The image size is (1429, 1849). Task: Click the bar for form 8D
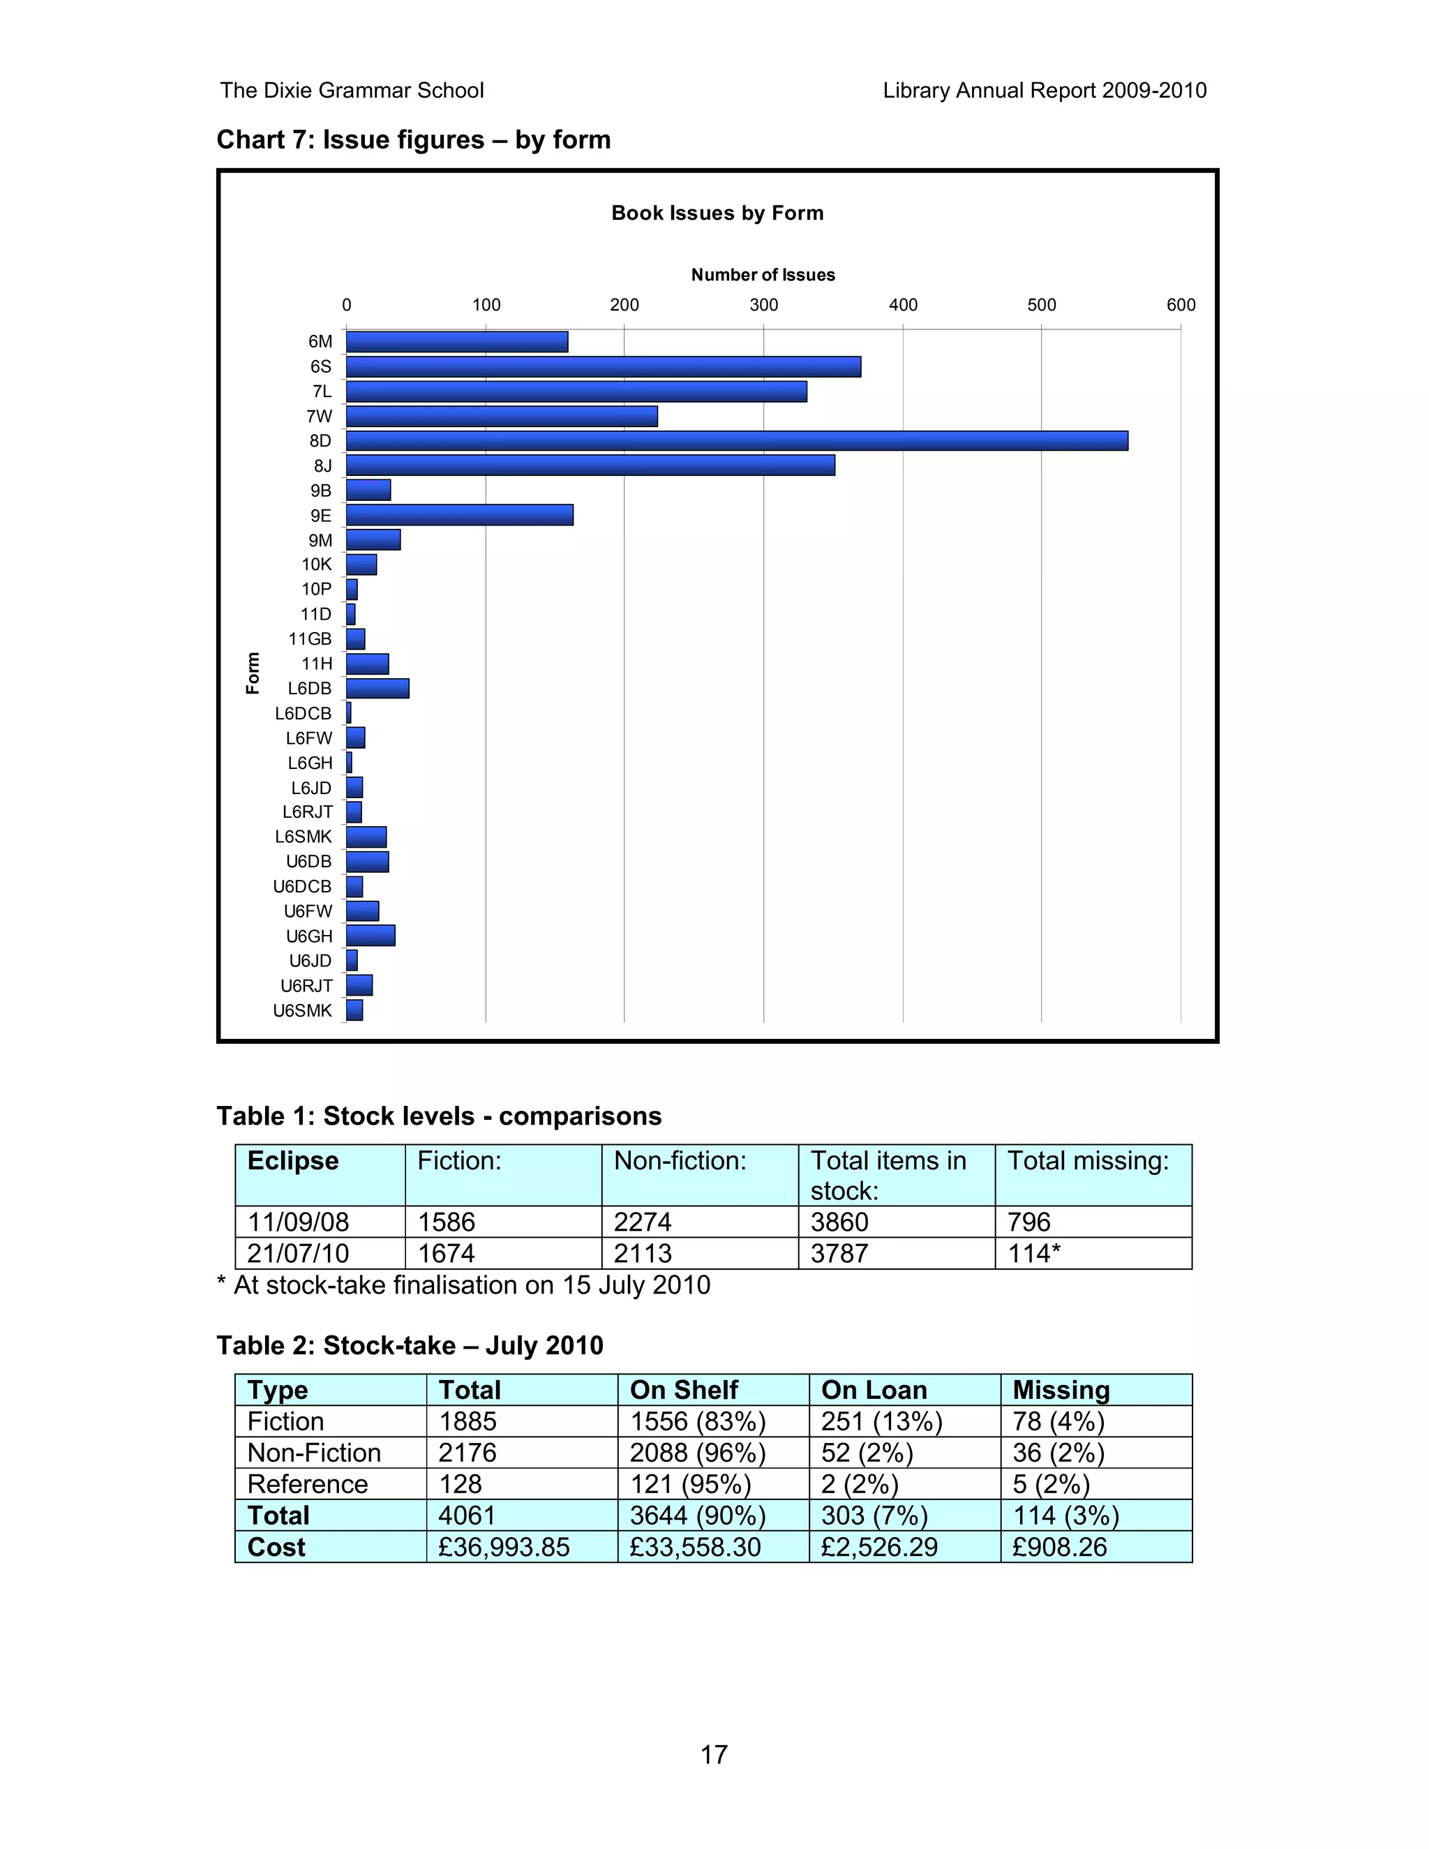pyautogui.click(x=737, y=441)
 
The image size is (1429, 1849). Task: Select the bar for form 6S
pyautogui.click(x=603, y=366)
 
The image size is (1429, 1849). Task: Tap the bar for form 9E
pyautogui.click(x=460, y=515)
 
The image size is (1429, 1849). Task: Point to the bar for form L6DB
pyautogui.click(x=377, y=688)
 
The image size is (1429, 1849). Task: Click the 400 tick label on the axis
pyautogui.click(x=902, y=305)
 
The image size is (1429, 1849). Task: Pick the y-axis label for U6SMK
pyautogui.click(x=302, y=1010)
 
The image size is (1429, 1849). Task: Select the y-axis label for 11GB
pyautogui.click(x=310, y=639)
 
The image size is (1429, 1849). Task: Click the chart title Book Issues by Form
pyautogui.click(x=717, y=213)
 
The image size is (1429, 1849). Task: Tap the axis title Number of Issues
pyautogui.click(x=763, y=274)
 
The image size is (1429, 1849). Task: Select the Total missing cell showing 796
pyautogui.click(x=1028, y=1222)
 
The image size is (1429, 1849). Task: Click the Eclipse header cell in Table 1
pyautogui.click(x=293, y=1161)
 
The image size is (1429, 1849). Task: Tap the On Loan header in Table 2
pyautogui.click(x=874, y=1390)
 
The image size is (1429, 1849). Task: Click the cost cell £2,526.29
pyautogui.click(x=878, y=1547)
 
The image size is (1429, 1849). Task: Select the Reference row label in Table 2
pyautogui.click(x=307, y=1484)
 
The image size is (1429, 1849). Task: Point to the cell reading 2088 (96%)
pyautogui.click(x=697, y=1453)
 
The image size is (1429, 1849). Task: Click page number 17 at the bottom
pyautogui.click(x=714, y=1754)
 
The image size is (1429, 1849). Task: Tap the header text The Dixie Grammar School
pyautogui.click(x=352, y=91)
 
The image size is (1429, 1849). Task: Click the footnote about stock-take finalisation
pyautogui.click(x=464, y=1285)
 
